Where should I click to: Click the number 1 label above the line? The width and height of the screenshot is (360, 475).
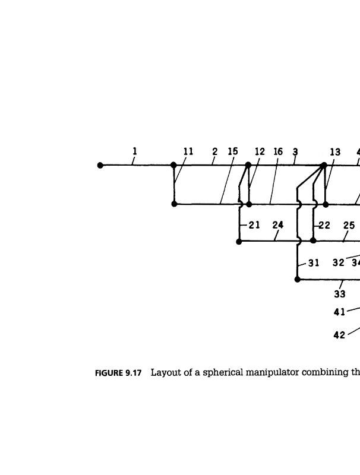135,151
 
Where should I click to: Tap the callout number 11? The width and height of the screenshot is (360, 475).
188,151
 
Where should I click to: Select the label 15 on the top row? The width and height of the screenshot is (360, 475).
233,151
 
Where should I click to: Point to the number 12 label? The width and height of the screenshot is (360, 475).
260,151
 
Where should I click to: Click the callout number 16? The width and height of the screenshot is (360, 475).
278,151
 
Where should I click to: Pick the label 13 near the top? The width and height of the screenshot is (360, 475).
335,152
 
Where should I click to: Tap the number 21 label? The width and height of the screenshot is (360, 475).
255,225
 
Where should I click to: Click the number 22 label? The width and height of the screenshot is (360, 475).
325,225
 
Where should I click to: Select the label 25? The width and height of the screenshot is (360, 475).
349,225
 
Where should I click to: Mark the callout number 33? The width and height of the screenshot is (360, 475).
340,293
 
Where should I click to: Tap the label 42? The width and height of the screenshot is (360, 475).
339,335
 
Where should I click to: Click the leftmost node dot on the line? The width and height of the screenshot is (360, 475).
101,166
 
